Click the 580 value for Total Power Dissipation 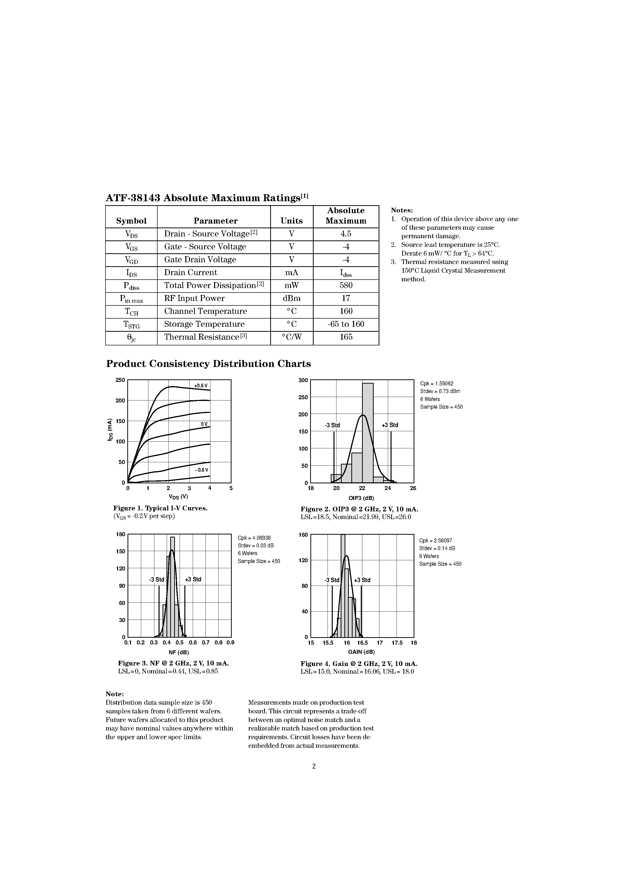point(346,285)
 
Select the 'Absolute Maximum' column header point(346,216)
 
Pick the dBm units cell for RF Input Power point(292,298)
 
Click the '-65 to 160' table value point(346,324)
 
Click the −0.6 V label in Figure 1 point(201,470)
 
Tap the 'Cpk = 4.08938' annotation point(254,538)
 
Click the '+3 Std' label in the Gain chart point(362,580)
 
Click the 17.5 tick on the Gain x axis point(397,643)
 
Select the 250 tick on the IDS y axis point(120,380)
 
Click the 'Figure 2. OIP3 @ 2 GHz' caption point(359,509)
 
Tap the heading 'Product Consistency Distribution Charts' point(208,363)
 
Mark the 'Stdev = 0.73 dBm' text point(440,391)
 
